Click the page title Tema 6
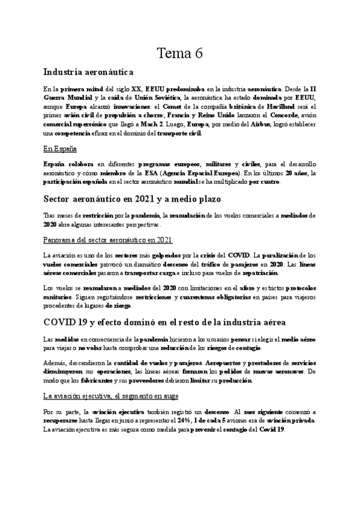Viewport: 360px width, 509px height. pyautogui.click(x=179, y=53)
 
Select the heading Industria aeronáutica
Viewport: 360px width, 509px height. pyautogui.click(x=89, y=73)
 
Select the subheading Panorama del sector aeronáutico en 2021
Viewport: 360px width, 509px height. pyautogui.click(x=108, y=239)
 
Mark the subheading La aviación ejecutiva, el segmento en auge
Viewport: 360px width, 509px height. pyautogui.click(x=111, y=396)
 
